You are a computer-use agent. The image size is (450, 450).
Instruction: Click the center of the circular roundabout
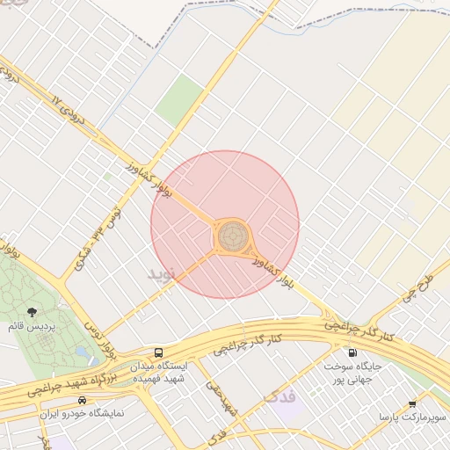pyautogui.click(x=233, y=236)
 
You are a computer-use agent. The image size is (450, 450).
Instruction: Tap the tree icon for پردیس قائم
pyautogui.click(x=33, y=312)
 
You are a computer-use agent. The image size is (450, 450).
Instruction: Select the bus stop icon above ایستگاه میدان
pyautogui.click(x=157, y=352)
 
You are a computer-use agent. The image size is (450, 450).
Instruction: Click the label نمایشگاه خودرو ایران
pyautogui.click(x=83, y=412)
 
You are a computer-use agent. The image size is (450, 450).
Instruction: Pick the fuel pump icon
pyautogui.click(x=352, y=352)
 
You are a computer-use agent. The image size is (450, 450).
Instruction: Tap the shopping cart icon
pyautogui.click(x=412, y=403)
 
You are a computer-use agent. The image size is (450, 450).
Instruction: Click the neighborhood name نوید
pyautogui.click(x=162, y=273)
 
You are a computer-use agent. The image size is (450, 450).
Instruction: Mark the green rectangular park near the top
pyautogui.click(x=179, y=100)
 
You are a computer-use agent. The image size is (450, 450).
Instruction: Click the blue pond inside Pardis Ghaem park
pyautogui.click(x=82, y=353)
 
